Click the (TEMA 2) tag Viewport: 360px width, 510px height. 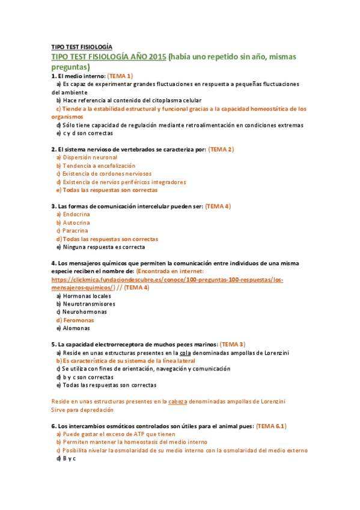(x=221, y=149)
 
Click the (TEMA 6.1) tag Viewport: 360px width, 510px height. (x=271, y=426)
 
